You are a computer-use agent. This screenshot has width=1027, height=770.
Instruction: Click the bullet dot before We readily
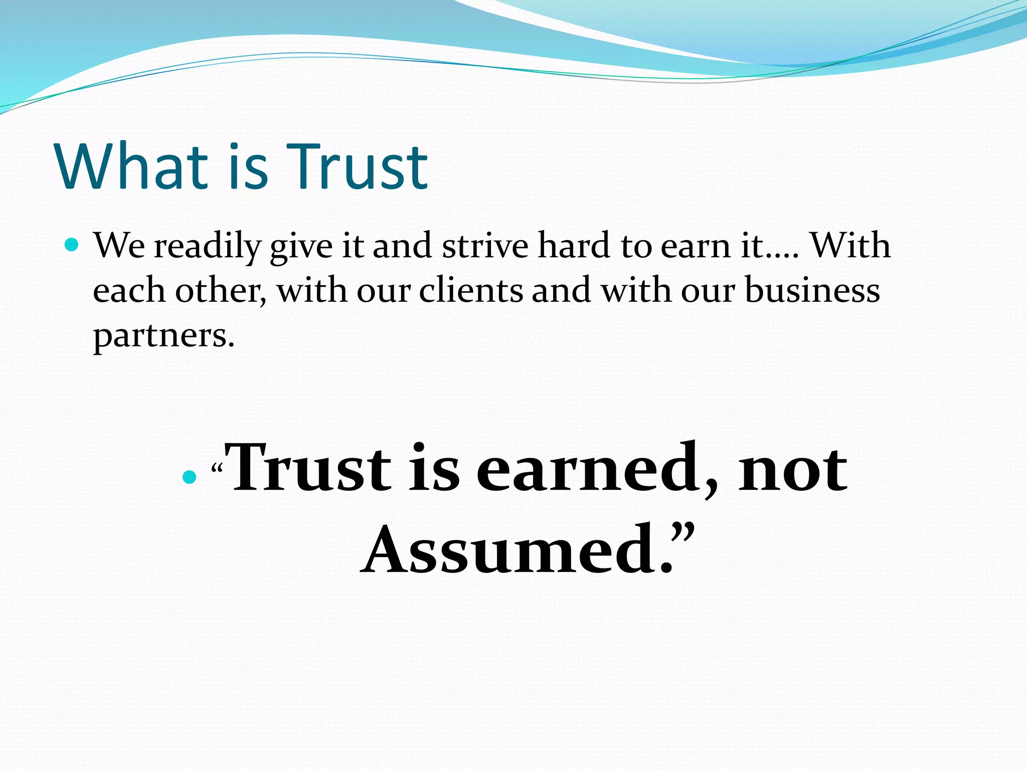[x=72, y=245]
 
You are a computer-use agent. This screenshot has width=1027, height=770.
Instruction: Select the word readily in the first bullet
[x=207, y=246]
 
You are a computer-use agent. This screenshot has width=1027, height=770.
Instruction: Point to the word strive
[x=484, y=246]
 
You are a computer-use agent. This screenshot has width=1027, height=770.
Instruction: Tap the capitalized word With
[x=850, y=246]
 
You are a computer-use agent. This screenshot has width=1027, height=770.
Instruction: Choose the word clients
[x=470, y=290]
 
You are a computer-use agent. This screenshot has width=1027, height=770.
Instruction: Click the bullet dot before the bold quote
[x=189, y=477]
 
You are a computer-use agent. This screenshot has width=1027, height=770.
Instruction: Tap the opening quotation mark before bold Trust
[x=217, y=469]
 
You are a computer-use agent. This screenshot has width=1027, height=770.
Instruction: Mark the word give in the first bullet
[x=301, y=246]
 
